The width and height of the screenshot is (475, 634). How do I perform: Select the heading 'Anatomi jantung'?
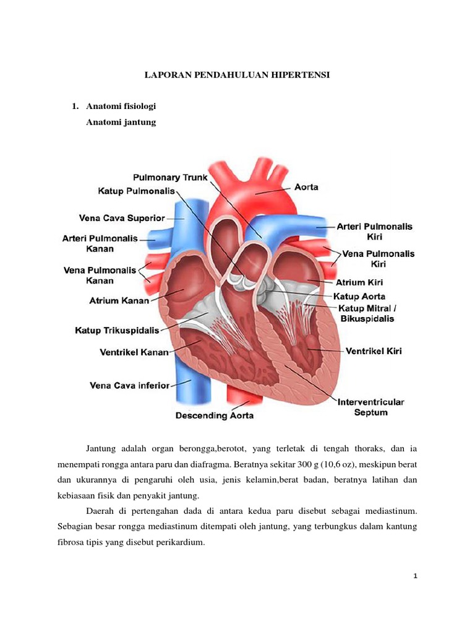tap(121, 122)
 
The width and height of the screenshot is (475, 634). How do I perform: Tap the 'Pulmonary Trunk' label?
tap(170, 178)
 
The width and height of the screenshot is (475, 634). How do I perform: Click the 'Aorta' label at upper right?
tap(306, 187)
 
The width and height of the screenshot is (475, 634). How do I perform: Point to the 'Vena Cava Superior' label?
tap(122, 219)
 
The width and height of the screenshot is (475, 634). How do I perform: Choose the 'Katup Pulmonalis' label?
tap(136, 191)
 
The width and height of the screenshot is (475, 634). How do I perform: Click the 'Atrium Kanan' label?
tap(119, 301)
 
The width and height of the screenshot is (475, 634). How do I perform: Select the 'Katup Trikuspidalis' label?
tap(117, 331)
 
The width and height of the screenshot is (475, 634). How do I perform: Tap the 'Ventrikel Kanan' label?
tap(134, 352)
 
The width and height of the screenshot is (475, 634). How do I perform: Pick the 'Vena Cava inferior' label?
tap(130, 386)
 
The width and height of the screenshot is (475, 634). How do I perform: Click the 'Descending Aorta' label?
tap(215, 415)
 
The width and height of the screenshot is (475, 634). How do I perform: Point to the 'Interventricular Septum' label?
tap(371, 407)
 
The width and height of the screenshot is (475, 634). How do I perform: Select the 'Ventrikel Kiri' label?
tap(374, 351)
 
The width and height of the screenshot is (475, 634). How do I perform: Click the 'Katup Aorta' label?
tap(359, 297)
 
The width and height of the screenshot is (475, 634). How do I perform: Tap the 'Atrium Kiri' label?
tap(359, 282)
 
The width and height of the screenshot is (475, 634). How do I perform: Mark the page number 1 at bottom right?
tap(415, 576)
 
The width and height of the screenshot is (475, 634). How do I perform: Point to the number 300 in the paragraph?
tap(304, 464)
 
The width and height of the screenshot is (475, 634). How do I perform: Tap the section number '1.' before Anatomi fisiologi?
tap(75, 106)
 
